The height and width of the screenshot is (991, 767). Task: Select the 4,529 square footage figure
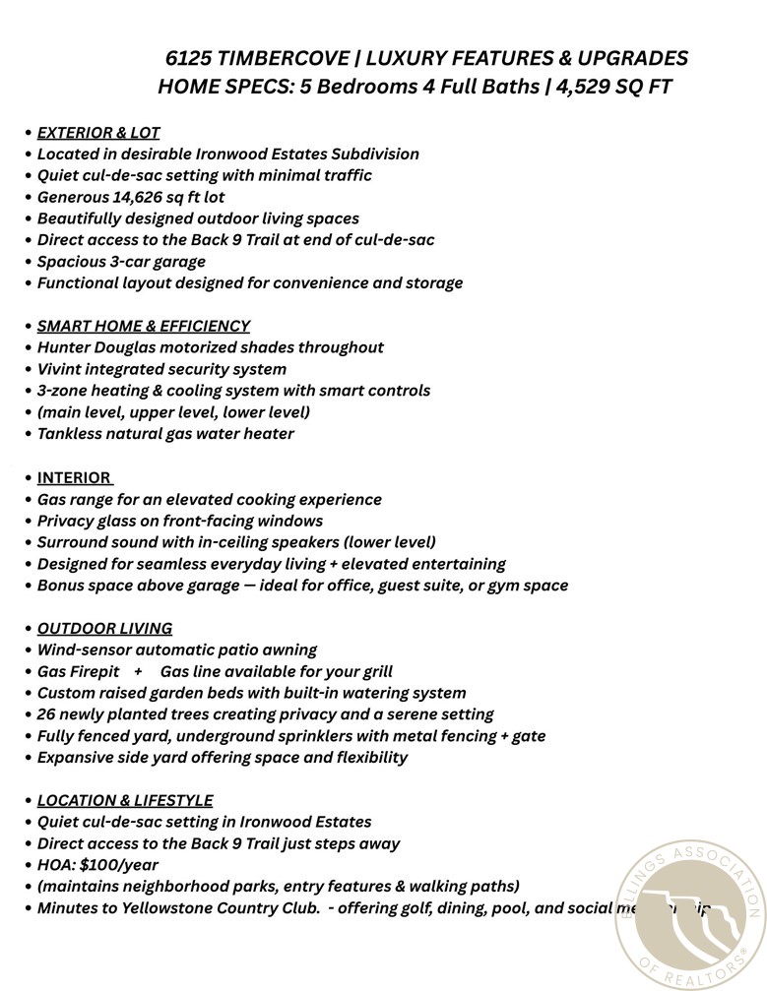585,87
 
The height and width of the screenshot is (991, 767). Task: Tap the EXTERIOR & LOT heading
98,132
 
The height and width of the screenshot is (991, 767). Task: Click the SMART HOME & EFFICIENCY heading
144,326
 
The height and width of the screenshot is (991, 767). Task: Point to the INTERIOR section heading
74,477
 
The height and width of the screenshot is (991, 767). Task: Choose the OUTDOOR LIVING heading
104,628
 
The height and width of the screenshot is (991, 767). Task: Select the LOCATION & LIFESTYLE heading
125,800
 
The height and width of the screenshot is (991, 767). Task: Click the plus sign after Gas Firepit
138,671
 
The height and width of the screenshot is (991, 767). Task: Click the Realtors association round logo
690,914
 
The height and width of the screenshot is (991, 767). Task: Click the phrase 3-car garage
157,262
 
